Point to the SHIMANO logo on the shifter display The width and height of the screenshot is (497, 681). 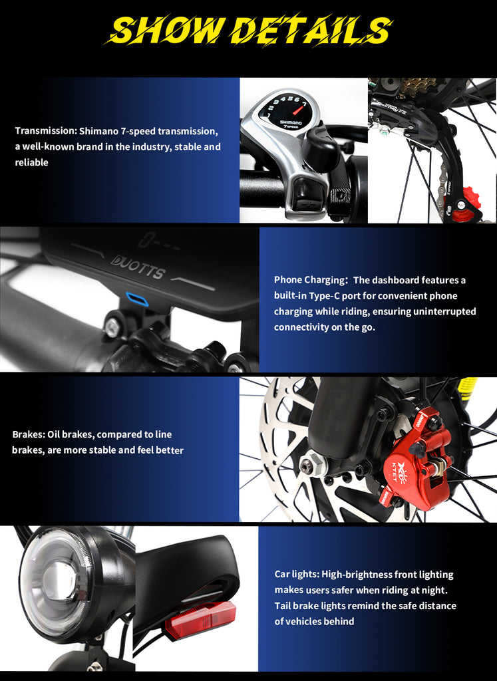291,123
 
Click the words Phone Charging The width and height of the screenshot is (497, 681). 309,280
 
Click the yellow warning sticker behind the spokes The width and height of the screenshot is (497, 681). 468,386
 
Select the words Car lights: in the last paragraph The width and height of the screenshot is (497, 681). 297,575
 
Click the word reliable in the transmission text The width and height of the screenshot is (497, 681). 31,162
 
